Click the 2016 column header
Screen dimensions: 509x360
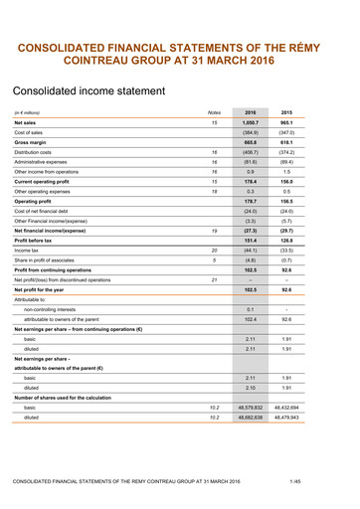(251, 112)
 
